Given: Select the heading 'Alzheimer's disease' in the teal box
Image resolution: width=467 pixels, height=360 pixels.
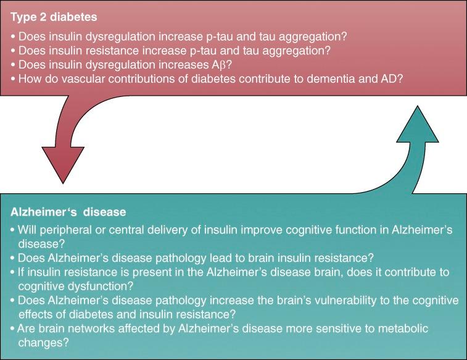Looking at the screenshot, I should pos(68,212).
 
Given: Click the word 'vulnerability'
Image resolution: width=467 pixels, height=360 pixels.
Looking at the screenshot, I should pos(316,301).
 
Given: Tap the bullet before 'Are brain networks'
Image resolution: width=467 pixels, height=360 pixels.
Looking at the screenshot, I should pos(14,329).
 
